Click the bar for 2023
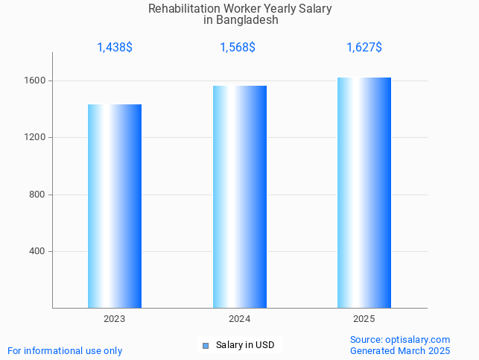[115, 206]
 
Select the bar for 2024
[239, 197]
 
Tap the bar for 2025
[364, 192]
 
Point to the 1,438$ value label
[115, 48]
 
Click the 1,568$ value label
[238, 48]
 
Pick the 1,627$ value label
[364, 48]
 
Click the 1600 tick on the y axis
[36, 80]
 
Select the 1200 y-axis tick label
[36, 138]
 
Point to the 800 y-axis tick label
[38, 195]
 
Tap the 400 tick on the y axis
[38, 251]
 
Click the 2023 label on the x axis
[115, 319]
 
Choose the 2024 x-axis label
[239, 319]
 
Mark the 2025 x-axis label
[364, 319]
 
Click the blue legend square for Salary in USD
[206, 345]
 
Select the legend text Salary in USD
[245, 345]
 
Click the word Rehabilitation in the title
[180, 9]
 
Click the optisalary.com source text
[400, 339]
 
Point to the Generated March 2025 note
[400, 350]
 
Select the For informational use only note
[65, 350]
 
